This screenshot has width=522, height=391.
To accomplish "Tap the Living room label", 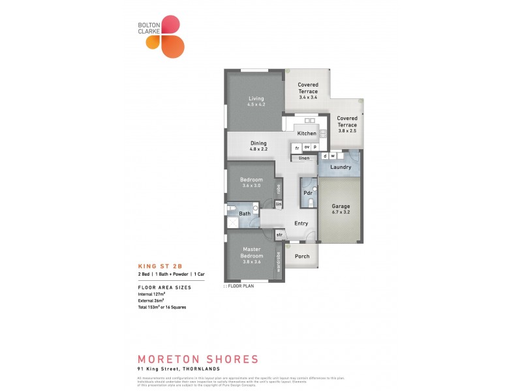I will (x=255, y=98).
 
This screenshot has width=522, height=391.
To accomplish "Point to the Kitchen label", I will (x=307, y=134).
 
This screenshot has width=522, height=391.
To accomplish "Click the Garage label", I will (x=341, y=206).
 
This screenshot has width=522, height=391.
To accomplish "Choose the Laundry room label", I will (x=341, y=167).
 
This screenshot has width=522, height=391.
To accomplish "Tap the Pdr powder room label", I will (x=305, y=193).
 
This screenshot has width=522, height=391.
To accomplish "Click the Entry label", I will (x=301, y=224).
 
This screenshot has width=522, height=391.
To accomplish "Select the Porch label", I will (x=301, y=256).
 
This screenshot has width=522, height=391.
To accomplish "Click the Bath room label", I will (x=245, y=213).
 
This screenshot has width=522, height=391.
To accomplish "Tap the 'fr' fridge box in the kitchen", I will (x=296, y=147).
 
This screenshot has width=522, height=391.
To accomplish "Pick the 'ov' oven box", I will (x=306, y=147).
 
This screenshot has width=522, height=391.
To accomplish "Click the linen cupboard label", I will (x=303, y=158).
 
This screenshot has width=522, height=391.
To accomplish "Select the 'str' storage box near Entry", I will (x=279, y=235).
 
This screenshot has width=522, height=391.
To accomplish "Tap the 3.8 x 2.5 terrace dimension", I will (x=347, y=131).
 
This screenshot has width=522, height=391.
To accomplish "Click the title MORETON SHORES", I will (x=198, y=359).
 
